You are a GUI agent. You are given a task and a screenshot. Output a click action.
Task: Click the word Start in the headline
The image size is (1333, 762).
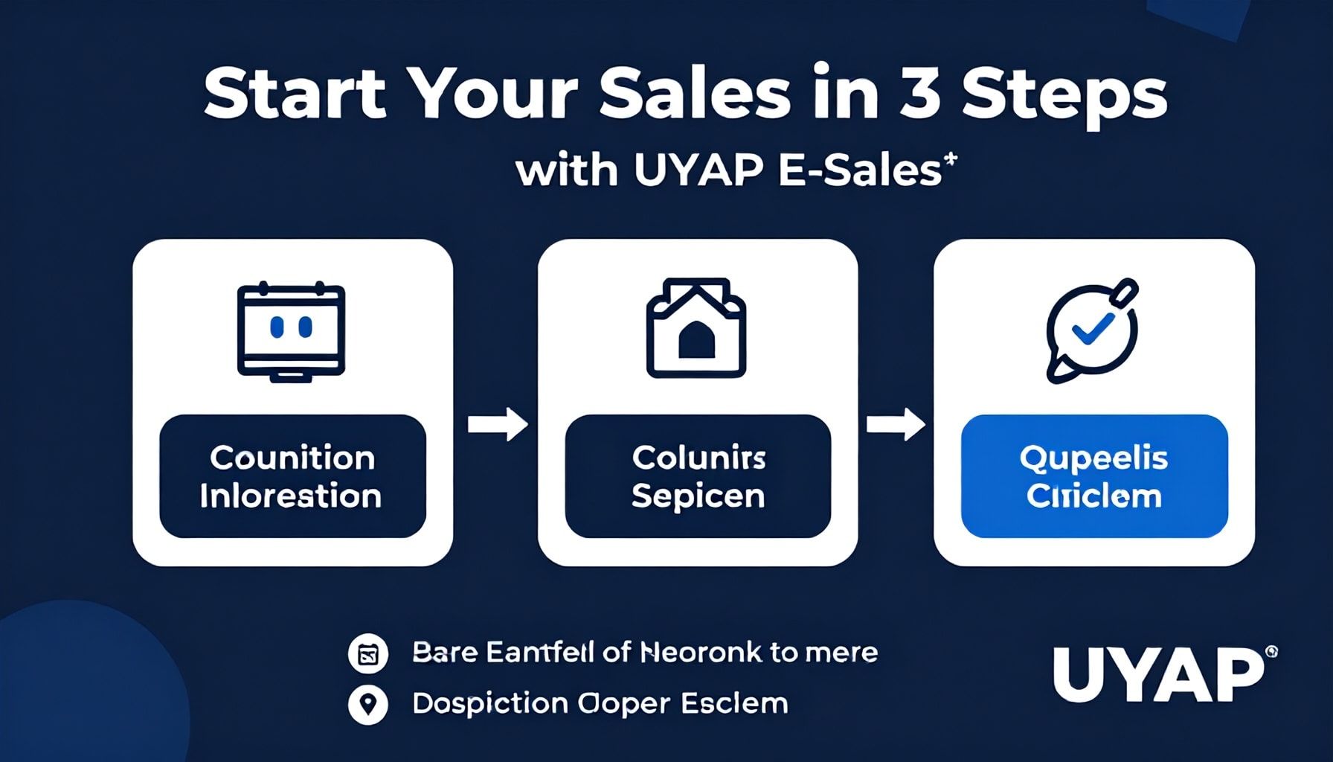(x=295, y=95)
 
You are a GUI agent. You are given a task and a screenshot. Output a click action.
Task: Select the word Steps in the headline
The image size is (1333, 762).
(x=1064, y=97)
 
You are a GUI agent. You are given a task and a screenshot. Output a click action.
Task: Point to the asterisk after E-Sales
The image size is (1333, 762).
(x=950, y=160)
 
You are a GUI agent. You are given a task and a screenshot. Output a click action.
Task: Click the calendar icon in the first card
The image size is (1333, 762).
(x=291, y=332)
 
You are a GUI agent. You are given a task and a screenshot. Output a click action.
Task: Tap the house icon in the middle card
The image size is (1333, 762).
(x=696, y=328)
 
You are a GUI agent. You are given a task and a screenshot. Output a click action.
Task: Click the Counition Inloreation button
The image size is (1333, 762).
(x=292, y=476)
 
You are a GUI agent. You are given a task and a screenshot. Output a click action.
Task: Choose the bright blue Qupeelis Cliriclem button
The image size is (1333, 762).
(x=1093, y=476)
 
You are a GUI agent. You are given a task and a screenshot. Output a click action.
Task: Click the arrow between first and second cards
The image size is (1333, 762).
(x=497, y=424)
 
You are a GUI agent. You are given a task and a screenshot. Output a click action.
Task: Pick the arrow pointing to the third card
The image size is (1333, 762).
(x=896, y=424)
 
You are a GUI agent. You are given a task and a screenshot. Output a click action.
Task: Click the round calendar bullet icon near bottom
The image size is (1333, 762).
(x=368, y=654)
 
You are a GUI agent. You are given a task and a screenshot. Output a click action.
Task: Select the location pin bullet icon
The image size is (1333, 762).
(x=368, y=704)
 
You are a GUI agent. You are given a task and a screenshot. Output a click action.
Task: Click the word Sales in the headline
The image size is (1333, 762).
(x=695, y=95)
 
